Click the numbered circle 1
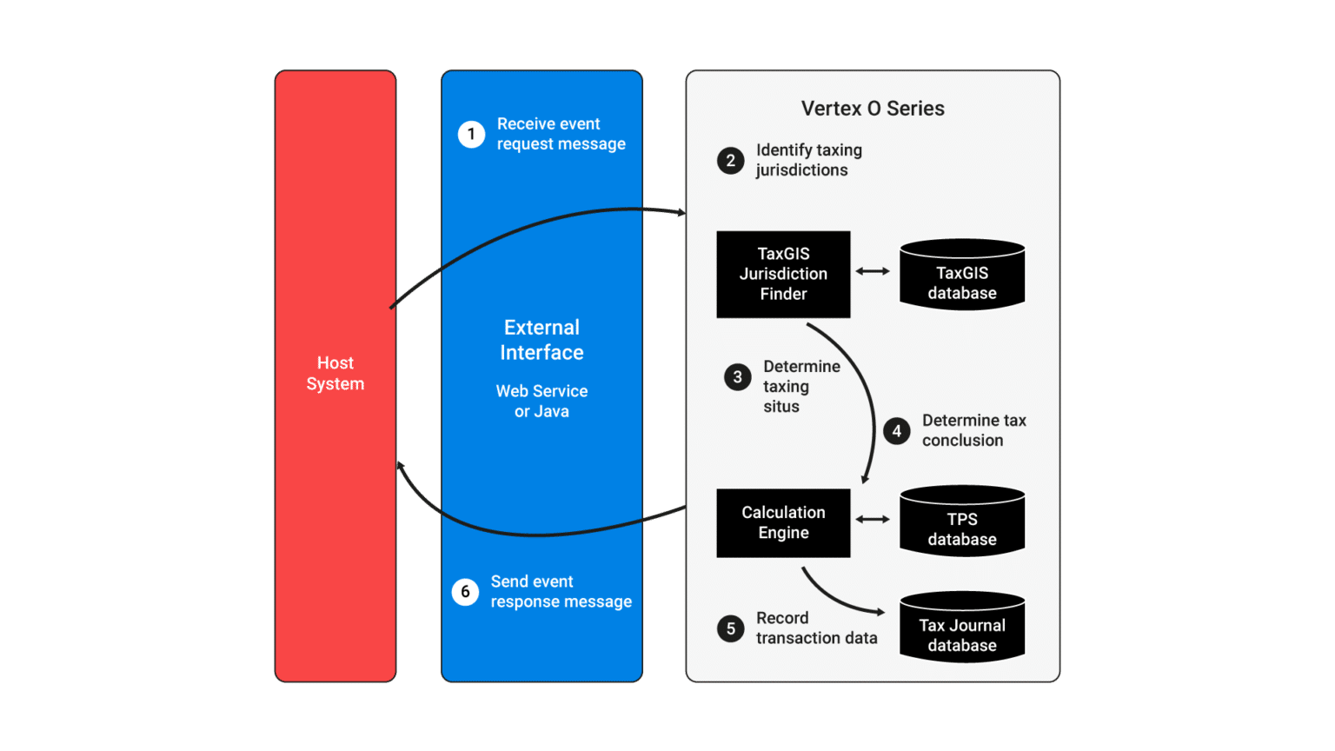click(x=471, y=134)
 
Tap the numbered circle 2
click(x=730, y=161)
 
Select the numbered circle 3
click(x=737, y=377)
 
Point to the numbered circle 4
click(x=896, y=431)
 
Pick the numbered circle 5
click(x=730, y=628)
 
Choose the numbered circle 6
click(x=465, y=592)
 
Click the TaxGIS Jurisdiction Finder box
click(x=783, y=274)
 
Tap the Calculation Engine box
click(x=783, y=522)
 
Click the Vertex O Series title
click(x=873, y=109)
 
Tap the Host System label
click(x=335, y=373)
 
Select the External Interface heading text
click(x=541, y=340)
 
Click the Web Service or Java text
click(x=541, y=402)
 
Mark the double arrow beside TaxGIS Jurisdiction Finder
click(x=873, y=271)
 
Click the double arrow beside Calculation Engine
click(x=873, y=519)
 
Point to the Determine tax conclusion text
click(x=973, y=430)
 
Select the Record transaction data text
click(x=816, y=628)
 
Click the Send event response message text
click(x=561, y=591)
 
